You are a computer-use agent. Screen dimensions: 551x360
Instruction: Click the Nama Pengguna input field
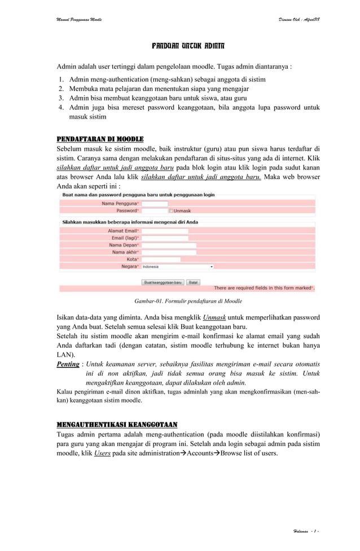[x=155, y=203]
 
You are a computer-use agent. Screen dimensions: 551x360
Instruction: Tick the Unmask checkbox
[x=172, y=211]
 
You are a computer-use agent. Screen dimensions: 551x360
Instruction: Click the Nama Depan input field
[x=169, y=246]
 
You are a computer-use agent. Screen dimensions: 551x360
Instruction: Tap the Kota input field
[x=161, y=259]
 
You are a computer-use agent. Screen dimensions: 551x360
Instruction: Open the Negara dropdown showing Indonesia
[x=177, y=266]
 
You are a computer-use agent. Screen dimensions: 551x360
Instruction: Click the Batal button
[x=193, y=282]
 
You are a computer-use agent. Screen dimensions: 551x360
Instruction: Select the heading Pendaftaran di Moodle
[x=100, y=139]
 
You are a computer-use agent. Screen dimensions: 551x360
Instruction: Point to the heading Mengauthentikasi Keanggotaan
[x=117, y=425]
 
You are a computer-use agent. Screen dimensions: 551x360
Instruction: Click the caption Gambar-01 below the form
[x=184, y=301]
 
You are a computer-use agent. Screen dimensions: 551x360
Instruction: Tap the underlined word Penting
[x=68, y=365]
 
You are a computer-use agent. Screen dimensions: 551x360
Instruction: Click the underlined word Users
[x=102, y=453]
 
